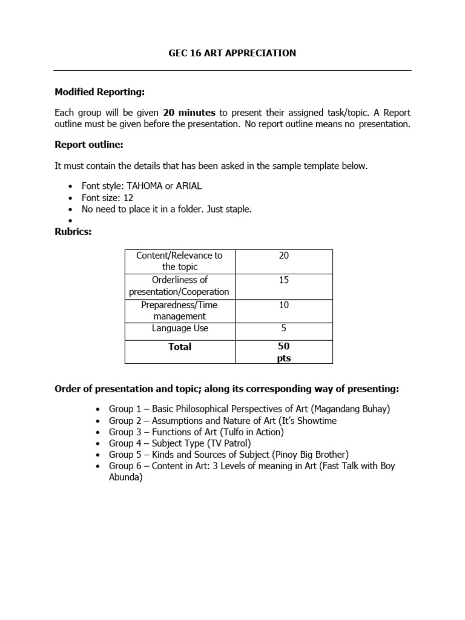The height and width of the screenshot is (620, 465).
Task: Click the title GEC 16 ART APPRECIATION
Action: [232, 53]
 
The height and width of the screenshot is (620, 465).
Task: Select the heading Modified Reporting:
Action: [100, 92]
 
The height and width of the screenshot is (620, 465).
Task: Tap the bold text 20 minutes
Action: [189, 113]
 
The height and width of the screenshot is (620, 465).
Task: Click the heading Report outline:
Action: [89, 145]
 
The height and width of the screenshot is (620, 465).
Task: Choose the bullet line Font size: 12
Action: [108, 197]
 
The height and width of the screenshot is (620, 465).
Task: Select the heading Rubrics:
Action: [73, 231]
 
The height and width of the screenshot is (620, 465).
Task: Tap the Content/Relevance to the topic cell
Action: [179, 261]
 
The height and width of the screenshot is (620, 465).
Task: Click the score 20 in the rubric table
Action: [283, 256]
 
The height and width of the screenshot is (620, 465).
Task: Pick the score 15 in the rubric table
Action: [283, 280]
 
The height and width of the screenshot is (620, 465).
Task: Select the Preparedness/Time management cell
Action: [179, 310]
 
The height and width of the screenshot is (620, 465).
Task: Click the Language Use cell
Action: [179, 328]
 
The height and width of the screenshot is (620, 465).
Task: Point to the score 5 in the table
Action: [283, 328]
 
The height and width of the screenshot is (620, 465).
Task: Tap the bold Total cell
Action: [179, 346]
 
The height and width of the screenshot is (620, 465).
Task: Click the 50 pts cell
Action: [283, 352]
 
